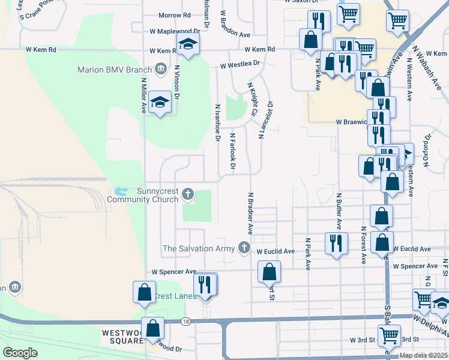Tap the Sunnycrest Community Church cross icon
coord(188,194)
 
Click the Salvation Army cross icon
coord(244,247)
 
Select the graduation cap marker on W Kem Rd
coord(188,44)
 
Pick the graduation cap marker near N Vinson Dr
coord(160,103)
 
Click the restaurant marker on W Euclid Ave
coord(335,243)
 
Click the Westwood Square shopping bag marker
coord(154,328)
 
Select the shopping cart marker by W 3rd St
coord(389,336)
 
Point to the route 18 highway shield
coord(186,322)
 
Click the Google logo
coord(20,352)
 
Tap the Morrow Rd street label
coord(174,16)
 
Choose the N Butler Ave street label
coord(339,211)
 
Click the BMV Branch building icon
coord(160,69)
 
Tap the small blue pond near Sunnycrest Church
coord(121,193)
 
